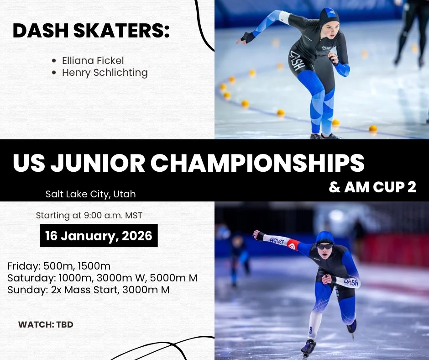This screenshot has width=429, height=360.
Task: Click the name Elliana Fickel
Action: (x=93, y=60)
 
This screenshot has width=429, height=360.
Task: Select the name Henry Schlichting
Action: (x=105, y=72)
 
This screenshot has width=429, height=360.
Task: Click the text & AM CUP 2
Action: (x=372, y=188)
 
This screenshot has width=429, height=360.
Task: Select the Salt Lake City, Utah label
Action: (x=90, y=194)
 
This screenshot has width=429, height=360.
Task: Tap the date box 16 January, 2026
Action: (x=99, y=235)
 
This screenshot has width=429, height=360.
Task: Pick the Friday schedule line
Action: (x=59, y=266)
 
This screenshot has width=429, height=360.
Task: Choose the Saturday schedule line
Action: (x=102, y=277)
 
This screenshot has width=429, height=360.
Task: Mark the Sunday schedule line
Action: (x=89, y=289)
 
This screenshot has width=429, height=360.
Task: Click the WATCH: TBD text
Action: (x=46, y=325)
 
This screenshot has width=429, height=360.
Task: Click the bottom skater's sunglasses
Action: (x=324, y=246)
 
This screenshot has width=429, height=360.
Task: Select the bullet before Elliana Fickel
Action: (x=54, y=61)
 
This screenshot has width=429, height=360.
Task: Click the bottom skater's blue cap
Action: (x=325, y=238)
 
